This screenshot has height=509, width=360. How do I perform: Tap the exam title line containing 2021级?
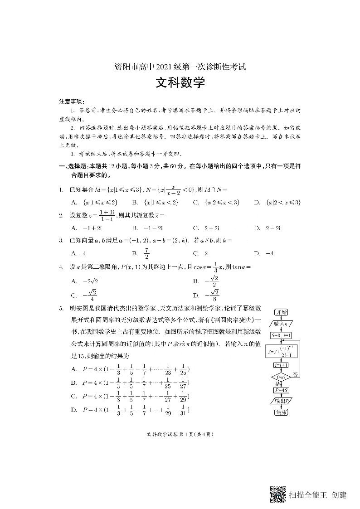point(180,67)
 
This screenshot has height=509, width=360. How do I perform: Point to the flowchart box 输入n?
point(282,324)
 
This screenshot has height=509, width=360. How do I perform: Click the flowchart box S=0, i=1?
point(282,336)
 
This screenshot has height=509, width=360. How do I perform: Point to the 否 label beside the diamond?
point(295,375)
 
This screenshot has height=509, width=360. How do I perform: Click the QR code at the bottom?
point(278,494)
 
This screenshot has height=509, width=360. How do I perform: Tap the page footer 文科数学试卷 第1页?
point(180,434)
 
